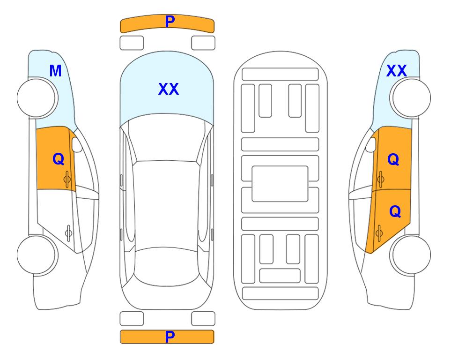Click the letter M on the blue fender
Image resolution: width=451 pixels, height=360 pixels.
click(56, 71)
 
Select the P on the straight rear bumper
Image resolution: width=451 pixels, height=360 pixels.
click(170, 337)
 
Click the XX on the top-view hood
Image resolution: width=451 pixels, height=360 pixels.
click(169, 89)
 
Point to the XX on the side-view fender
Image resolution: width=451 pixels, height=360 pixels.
click(396, 71)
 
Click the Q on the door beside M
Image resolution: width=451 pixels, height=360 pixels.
click(59, 159)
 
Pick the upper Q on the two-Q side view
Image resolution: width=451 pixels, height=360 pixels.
click(393, 159)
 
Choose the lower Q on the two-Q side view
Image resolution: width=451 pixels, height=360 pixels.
click(395, 212)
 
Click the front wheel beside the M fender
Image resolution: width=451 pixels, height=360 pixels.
click(37, 98)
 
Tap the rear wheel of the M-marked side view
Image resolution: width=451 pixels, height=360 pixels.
click(37, 255)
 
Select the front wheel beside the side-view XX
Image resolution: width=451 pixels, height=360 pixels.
click(410, 98)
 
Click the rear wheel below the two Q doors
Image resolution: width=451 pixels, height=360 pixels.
click(410, 255)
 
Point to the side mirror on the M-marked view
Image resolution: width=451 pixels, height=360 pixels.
click(77, 144)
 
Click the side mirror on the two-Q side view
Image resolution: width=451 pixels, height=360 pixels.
click(371, 144)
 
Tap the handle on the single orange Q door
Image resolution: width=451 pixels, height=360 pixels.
click(67, 179)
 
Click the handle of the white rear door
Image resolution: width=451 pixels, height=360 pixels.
click(68, 232)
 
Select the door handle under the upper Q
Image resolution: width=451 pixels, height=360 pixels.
click(380, 179)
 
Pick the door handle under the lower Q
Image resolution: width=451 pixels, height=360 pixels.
click(379, 232)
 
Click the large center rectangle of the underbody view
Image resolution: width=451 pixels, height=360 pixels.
click(280, 184)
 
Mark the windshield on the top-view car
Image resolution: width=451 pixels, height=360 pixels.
click(167, 138)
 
